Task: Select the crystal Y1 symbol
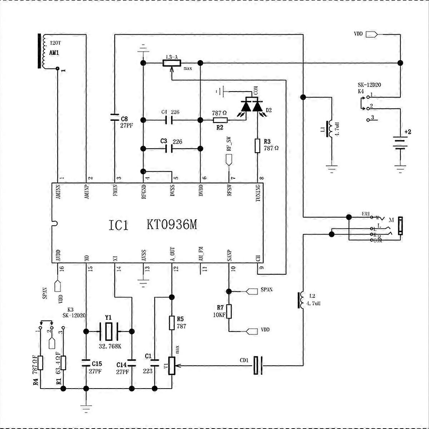(x=109, y=331)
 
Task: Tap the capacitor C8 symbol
(x=114, y=117)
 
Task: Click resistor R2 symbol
(x=220, y=120)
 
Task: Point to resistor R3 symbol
(x=257, y=146)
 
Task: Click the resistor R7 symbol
(x=229, y=311)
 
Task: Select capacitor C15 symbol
(x=86, y=364)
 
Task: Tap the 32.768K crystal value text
(x=109, y=346)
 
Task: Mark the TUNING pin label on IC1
(x=258, y=193)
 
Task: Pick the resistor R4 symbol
(x=40, y=363)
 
